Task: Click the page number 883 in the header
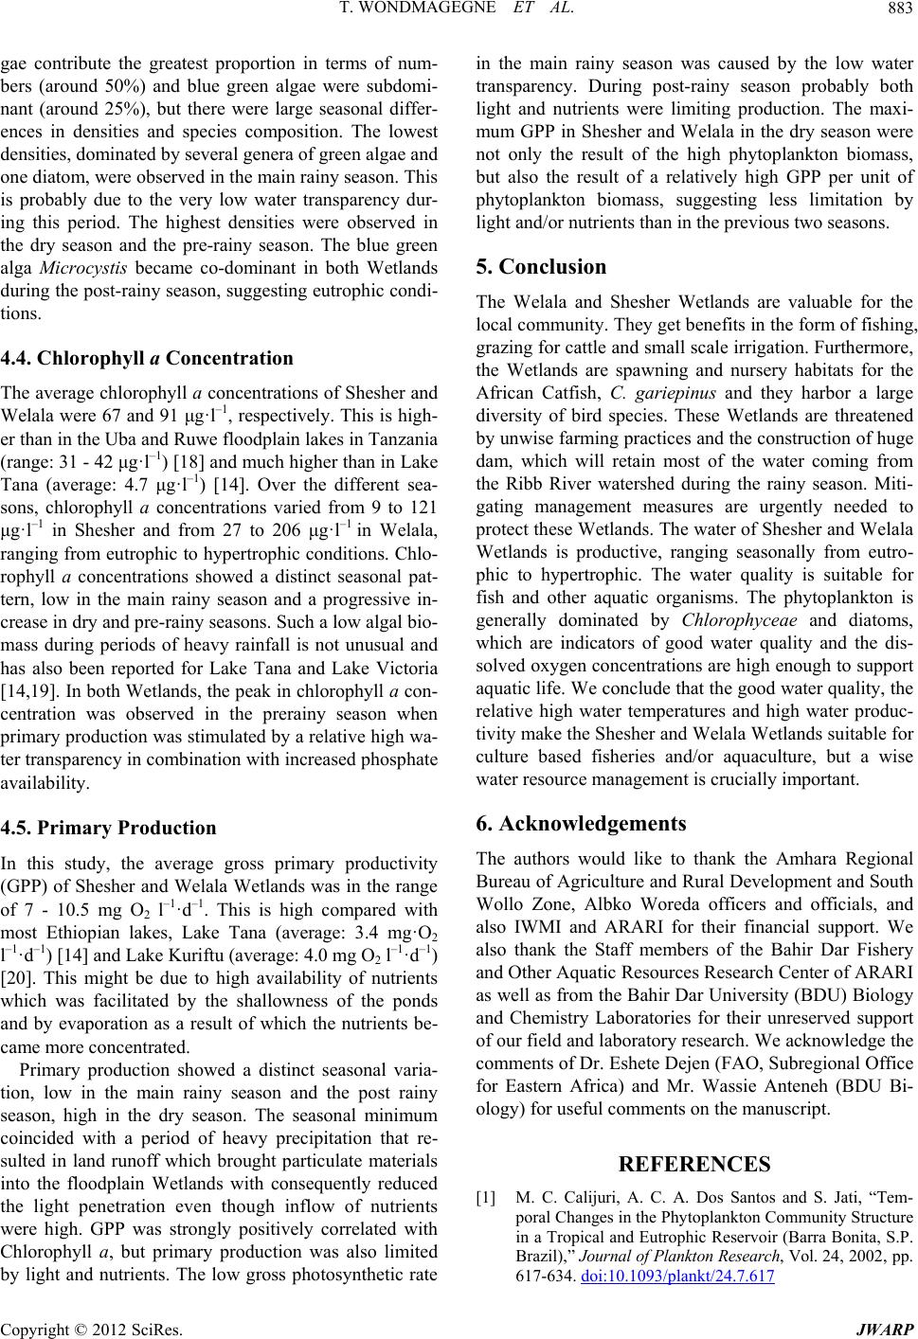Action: coord(898,10)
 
